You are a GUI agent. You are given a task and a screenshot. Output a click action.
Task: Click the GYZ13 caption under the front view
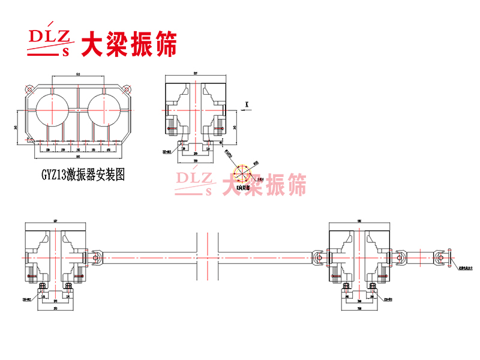coord(83,175)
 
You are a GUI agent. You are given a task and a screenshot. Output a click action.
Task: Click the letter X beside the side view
coord(247,104)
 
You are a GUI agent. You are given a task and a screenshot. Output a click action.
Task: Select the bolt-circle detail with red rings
coord(241,173)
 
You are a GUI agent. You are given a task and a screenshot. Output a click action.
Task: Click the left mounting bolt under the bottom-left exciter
coord(42,287)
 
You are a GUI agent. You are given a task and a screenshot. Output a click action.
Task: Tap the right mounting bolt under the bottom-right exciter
coord(379,287)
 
